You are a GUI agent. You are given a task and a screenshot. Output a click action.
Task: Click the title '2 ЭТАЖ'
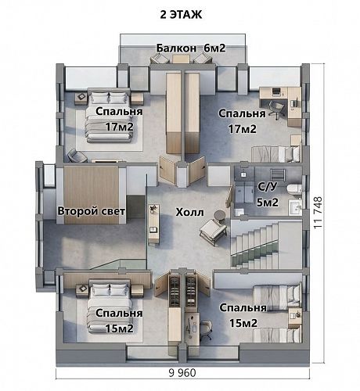pos(181,15)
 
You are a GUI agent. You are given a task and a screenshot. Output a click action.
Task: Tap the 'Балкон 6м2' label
pos(191,48)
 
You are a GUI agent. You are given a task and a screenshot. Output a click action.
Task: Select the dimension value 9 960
pos(182,373)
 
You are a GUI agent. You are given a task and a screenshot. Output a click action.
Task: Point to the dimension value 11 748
pos(318,213)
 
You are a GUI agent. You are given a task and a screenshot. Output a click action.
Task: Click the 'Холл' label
pos(189,212)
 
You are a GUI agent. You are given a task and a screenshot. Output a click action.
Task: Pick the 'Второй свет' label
pos(92,211)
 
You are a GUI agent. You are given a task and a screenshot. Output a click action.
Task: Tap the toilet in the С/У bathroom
pos(294,188)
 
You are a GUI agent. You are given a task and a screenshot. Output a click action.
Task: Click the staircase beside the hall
pos(266,244)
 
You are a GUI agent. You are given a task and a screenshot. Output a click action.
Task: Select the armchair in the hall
pos(214,231)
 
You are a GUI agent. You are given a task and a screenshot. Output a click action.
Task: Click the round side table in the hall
pos(220,216)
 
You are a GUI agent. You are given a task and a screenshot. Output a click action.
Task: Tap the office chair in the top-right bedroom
pos(276,110)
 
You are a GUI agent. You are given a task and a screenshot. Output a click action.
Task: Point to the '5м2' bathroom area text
pos(268,203)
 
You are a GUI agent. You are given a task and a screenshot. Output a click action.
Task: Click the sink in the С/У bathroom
pos(295,208)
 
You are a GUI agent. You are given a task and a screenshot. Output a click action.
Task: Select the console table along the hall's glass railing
pos(153,224)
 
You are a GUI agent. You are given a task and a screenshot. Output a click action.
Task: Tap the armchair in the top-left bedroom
pos(77,156)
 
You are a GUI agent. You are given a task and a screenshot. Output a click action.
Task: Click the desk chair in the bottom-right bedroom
pos(207,330)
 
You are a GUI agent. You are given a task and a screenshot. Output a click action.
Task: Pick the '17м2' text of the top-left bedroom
pos(120,127)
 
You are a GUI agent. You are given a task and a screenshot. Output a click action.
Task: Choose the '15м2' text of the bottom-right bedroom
pos(243,323)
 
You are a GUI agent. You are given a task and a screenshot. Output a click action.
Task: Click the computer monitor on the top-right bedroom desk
pos(276,91)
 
